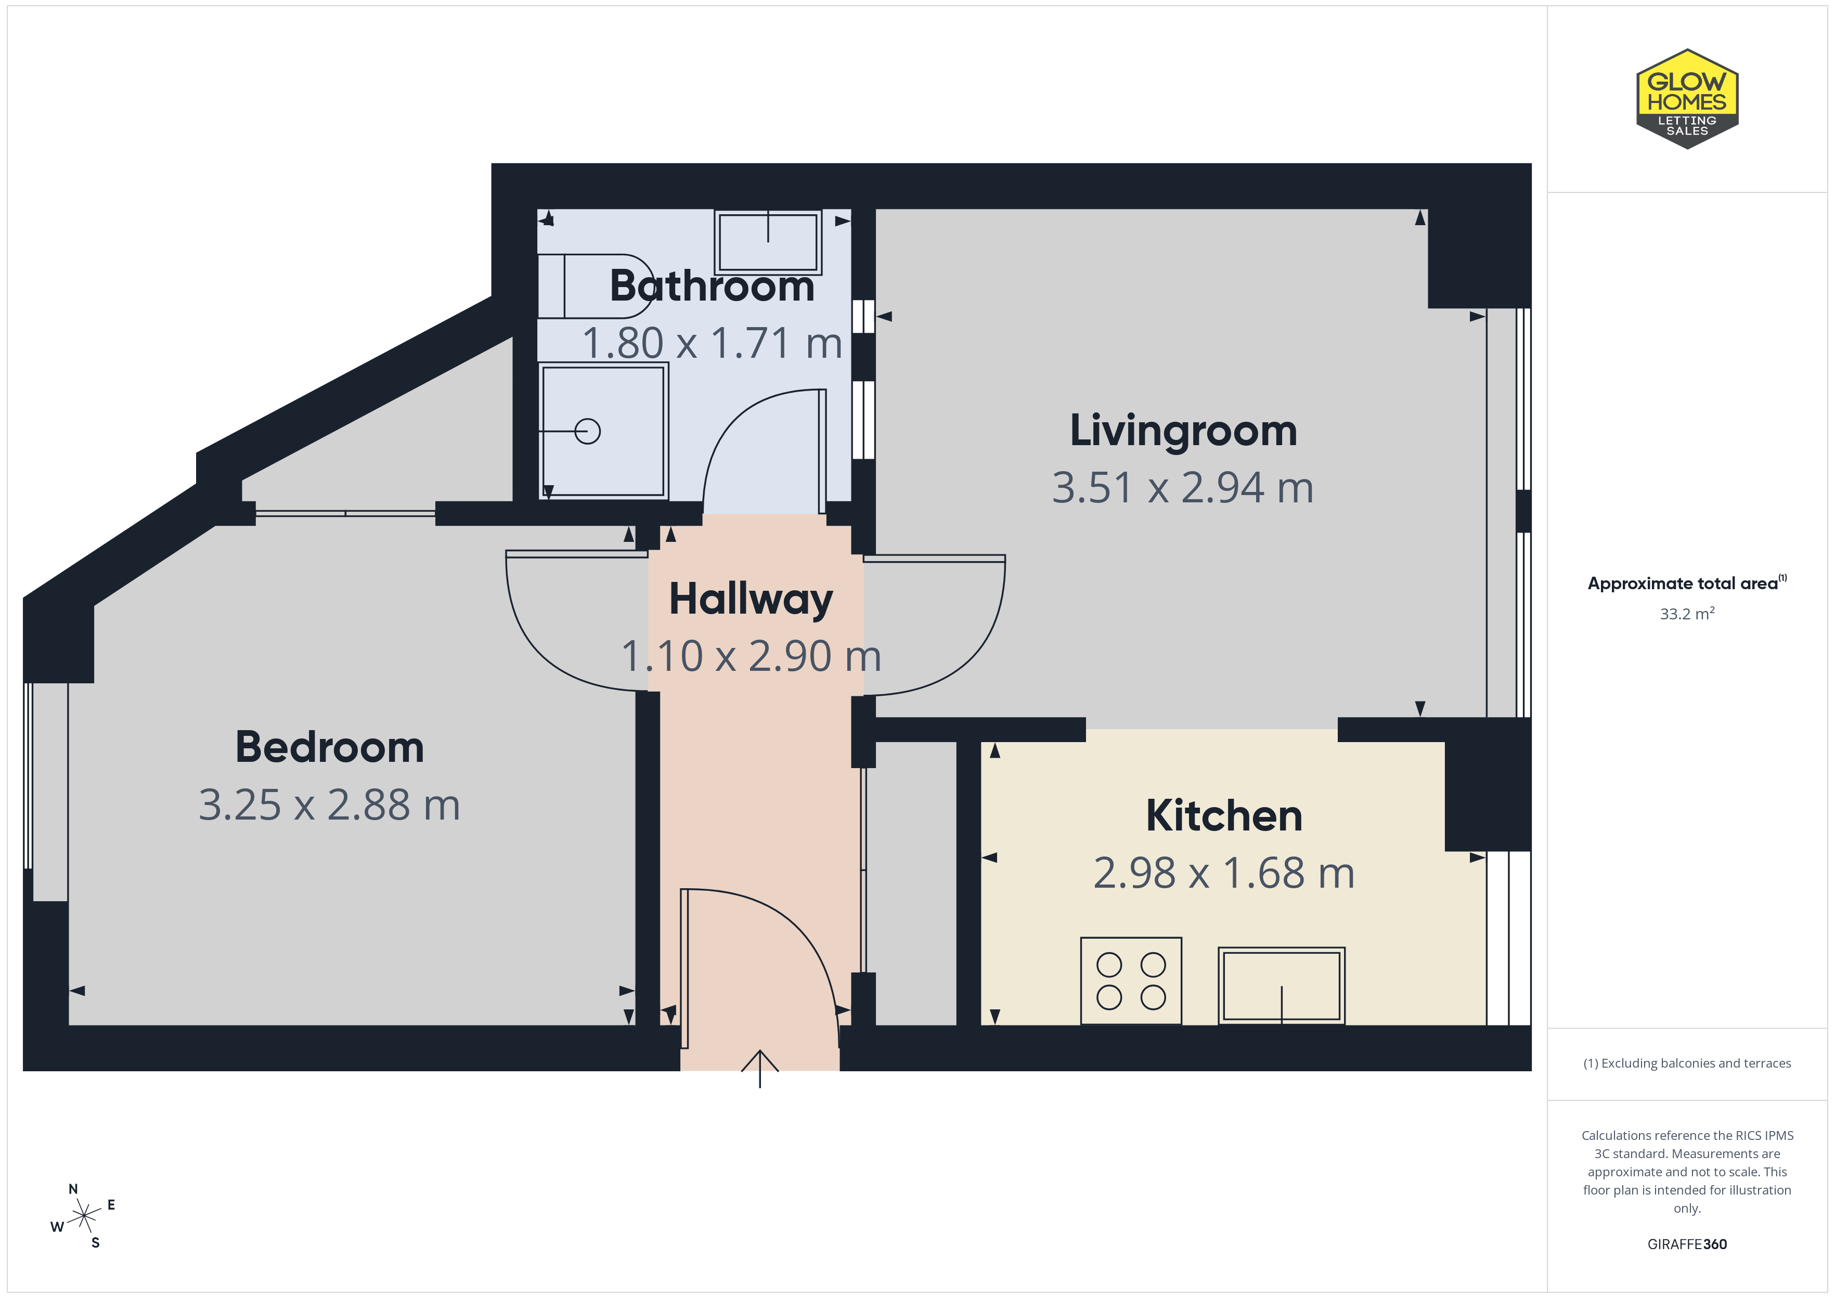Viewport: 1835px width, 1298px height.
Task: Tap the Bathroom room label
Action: [712, 285]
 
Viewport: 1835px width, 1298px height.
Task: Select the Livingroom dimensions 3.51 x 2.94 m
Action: [1183, 488]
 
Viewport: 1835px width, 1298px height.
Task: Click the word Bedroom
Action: [329, 747]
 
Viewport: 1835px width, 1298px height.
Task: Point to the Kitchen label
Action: [1224, 816]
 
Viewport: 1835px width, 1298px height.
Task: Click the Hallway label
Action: [751, 600]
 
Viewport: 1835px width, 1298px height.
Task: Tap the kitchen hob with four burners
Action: [1131, 981]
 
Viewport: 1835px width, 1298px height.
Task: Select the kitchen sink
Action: [1281, 985]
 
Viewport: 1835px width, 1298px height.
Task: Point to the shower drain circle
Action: [587, 432]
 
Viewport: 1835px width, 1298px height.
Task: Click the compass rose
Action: [83, 1216]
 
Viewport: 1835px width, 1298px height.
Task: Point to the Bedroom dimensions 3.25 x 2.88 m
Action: [329, 805]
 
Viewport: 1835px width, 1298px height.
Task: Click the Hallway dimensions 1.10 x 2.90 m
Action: [751, 656]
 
